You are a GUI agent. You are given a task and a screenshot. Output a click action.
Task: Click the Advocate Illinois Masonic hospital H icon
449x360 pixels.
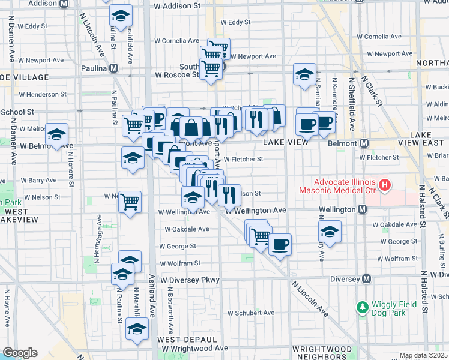click(384, 185)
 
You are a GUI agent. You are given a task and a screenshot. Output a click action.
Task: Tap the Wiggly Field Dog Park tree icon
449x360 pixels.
click(362, 307)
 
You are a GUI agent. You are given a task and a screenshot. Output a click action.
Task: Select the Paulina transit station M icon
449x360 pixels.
click(113, 68)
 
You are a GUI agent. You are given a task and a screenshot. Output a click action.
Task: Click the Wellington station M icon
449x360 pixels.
click(362, 209)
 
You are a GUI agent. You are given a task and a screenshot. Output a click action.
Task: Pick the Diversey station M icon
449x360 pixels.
click(367, 279)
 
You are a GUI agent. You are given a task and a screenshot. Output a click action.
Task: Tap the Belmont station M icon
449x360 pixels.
click(363, 144)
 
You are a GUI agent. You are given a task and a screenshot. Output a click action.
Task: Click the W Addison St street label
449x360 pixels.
click(177, 6)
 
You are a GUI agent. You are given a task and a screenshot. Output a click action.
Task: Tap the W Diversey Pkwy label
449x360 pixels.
click(181, 280)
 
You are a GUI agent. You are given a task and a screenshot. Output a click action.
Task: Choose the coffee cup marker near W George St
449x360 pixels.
click(279, 244)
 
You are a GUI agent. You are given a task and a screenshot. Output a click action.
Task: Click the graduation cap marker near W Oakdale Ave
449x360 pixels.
click(330, 231)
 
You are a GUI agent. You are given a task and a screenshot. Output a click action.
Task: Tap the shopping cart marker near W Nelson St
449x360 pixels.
click(130, 202)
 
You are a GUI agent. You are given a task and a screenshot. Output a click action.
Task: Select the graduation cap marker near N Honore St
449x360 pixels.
click(57, 134)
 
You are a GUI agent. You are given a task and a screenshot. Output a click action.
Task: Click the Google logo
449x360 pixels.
click(20, 353)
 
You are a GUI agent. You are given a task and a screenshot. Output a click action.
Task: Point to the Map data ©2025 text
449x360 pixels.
click(423, 356)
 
